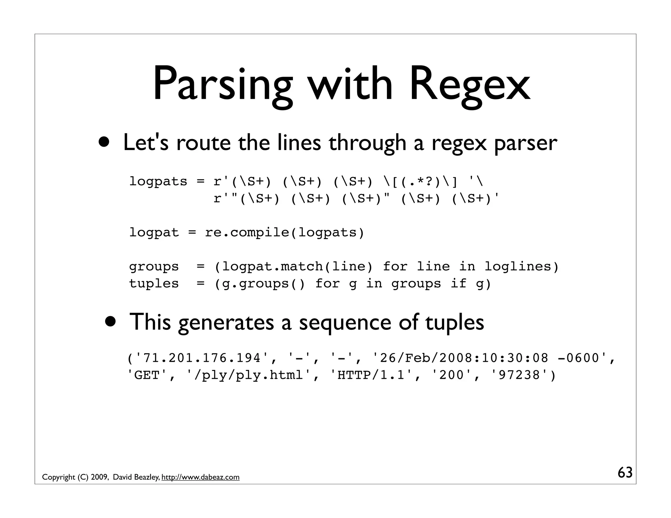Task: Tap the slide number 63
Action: click(625, 473)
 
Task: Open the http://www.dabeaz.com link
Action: click(200, 477)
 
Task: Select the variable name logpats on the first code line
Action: click(158, 181)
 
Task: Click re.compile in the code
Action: click(247, 232)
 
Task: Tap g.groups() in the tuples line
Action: click(263, 284)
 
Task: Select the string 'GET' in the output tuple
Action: click(147, 375)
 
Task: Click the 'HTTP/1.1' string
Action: click(371, 375)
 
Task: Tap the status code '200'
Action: click(451, 375)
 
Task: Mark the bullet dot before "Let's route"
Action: click(105, 143)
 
